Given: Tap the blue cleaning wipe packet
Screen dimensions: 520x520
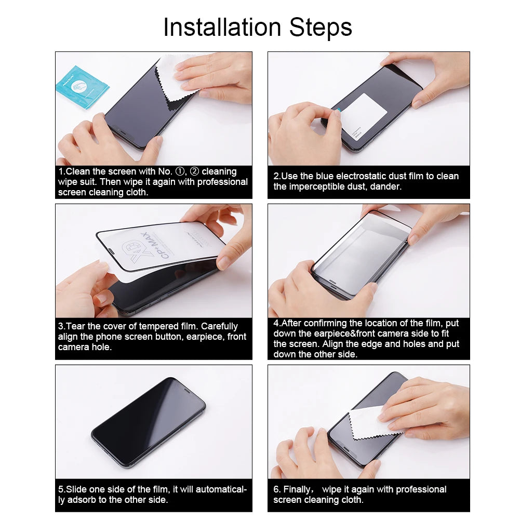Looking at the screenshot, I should pos(82,86).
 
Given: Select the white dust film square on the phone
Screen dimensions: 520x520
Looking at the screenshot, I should pos(364,114).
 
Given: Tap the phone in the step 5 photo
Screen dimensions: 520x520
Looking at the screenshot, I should pos(148,422).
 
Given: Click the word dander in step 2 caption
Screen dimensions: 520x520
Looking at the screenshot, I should pos(385,186).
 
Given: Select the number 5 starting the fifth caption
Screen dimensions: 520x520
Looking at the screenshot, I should pos(61,489).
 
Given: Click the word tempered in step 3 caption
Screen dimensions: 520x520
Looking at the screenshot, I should pos(150,326).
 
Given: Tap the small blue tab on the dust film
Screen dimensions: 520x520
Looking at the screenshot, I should pos(338,110).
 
